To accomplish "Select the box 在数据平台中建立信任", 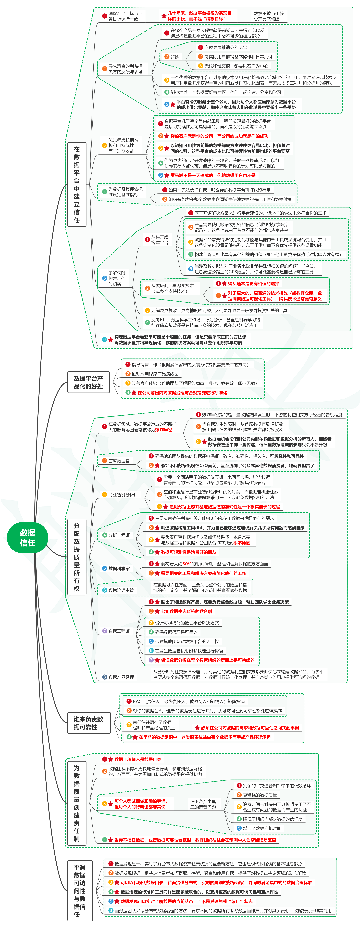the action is (77, 184).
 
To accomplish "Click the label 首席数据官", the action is (119, 461).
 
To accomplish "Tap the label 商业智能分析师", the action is (123, 495).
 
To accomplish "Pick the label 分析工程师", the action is (119, 535).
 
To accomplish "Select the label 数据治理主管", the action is (121, 590).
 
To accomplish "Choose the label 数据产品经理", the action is (121, 677).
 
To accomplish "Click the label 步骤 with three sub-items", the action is (175, 57).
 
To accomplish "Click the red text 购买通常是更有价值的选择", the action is (253, 283).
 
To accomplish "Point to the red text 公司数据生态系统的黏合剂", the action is (186, 611).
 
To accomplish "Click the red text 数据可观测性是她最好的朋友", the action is (189, 552).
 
